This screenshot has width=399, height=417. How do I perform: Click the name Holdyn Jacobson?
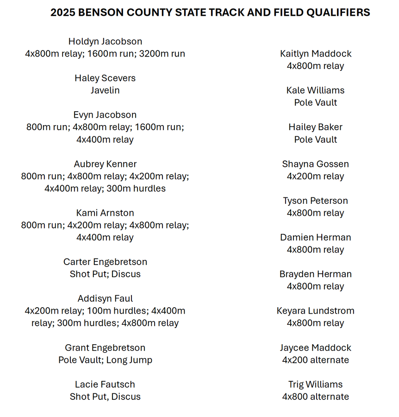point(105,42)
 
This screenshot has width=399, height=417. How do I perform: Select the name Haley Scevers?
point(105,78)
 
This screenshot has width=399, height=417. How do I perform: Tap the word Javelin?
point(105,90)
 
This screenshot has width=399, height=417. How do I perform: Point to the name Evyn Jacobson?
point(105,115)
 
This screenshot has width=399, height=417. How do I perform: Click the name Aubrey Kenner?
point(105,164)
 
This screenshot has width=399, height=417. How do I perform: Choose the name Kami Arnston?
point(105,213)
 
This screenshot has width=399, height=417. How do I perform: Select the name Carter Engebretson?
point(105,262)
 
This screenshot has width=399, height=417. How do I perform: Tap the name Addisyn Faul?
point(105,299)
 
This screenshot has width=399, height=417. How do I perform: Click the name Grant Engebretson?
point(105,348)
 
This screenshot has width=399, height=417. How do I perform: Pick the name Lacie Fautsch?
point(105,385)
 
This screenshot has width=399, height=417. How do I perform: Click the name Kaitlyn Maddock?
point(316,54)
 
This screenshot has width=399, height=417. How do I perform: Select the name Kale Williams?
point(316,90)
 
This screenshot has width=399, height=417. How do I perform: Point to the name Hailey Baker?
point(316,127)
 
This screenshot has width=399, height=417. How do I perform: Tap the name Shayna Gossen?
point(316,164)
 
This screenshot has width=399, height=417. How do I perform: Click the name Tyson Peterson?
point(316,201)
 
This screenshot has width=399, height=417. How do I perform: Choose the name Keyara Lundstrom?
point(316,311)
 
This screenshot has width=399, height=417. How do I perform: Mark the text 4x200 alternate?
point(316,360)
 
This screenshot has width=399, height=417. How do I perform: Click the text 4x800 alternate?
point(316,397)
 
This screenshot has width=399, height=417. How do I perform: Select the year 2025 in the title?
point(63,13)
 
